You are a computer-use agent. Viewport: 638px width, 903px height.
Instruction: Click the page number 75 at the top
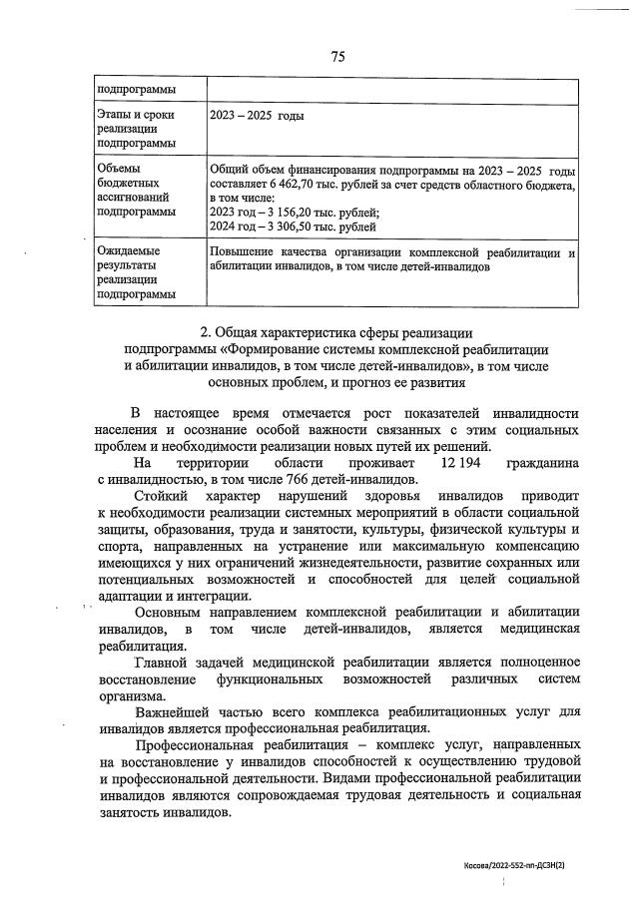tap(336, 57)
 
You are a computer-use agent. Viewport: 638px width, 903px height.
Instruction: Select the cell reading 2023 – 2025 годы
tap(258, 116)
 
